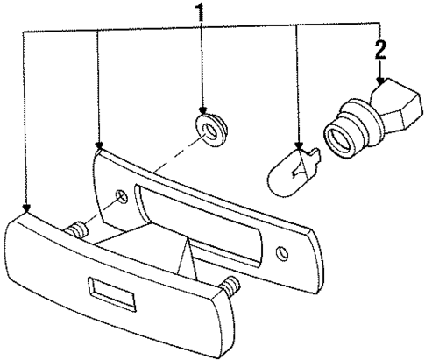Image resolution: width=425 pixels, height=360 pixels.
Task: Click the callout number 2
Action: point(379,49)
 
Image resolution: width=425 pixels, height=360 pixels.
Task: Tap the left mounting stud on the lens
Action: point(76,231)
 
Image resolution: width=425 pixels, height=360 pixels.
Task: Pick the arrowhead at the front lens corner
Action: point(28,210)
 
